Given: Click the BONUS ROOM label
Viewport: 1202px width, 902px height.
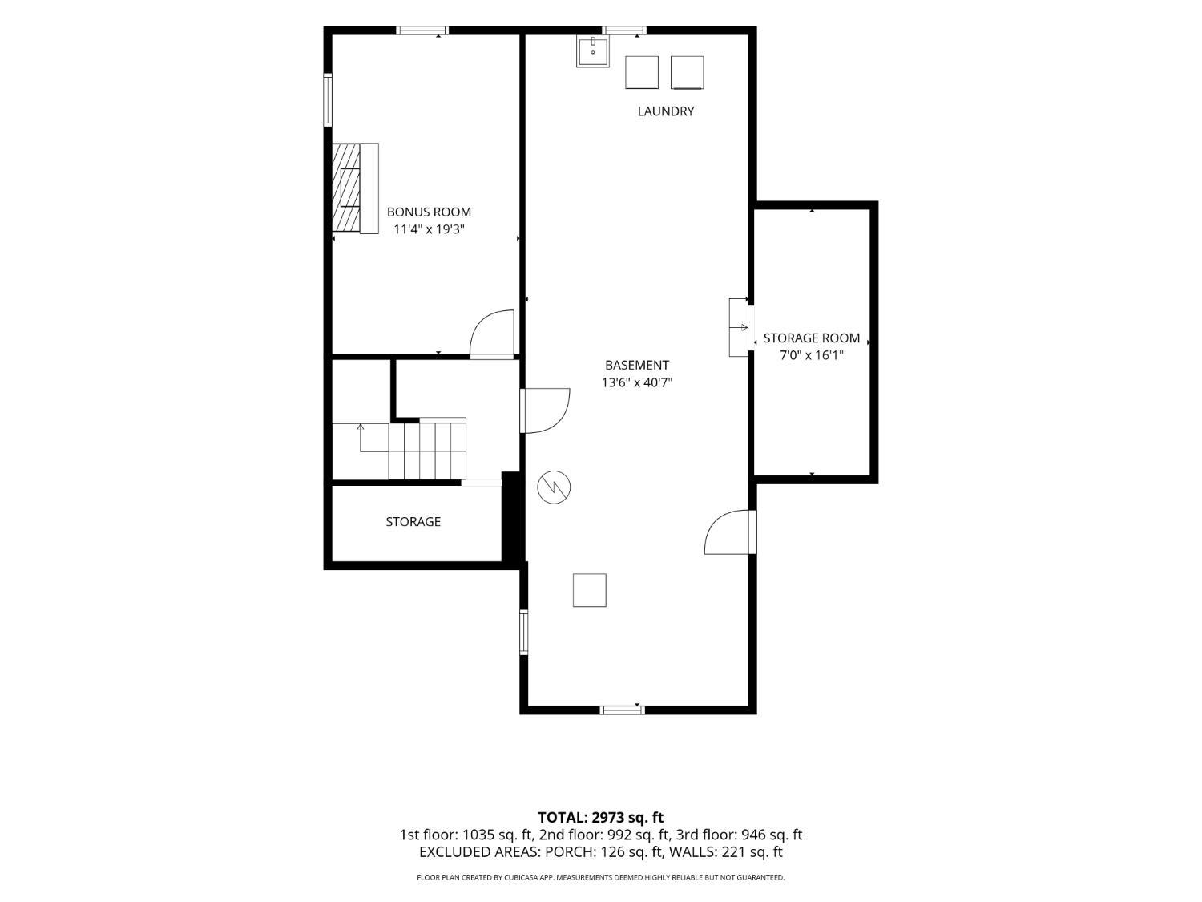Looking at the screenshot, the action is (429, 212).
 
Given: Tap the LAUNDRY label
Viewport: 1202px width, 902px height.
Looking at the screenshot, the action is (665, 111).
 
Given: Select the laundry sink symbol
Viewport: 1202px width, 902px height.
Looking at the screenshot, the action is (592, 51).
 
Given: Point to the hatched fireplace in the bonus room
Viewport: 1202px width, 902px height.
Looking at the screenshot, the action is (346, 188).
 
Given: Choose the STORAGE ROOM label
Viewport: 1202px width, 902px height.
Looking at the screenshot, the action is (812, 338).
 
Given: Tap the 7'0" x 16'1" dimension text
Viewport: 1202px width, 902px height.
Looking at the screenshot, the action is (812, 355).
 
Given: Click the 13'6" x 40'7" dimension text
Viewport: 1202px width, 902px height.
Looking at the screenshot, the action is (637, 382).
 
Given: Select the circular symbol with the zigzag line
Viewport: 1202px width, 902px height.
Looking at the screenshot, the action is (554, 487).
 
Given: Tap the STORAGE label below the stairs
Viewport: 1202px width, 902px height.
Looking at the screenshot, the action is (413, 521).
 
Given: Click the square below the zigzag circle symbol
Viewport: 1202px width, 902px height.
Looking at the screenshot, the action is (589, 590).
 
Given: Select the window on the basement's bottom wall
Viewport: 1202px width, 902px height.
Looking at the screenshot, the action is (622, 710).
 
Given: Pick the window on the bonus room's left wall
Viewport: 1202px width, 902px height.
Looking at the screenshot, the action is (328, 100).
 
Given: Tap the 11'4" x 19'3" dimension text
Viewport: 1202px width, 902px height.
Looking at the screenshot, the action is (429, 229).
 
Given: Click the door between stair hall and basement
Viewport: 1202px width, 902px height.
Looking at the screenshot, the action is (545, 411).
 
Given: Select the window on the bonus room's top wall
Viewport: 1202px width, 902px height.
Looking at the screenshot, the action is (422, 30).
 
